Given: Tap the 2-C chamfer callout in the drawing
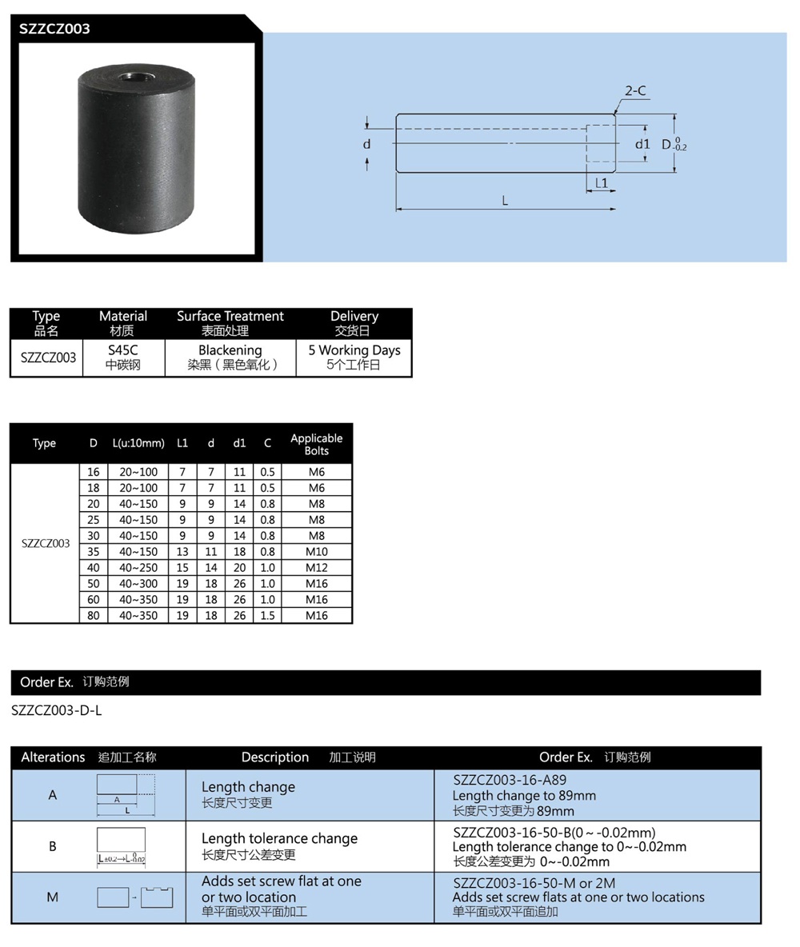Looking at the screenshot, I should [635, 91].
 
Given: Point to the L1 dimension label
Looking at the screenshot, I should [602, 183].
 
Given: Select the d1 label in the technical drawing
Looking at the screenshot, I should [642, 144].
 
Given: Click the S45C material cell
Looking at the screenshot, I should [123, 358].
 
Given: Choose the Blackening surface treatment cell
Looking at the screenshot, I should [230, 358].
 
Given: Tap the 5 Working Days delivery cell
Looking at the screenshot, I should [354, 358].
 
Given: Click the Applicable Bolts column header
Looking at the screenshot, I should [316, 444].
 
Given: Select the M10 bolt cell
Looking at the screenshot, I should [317, 552].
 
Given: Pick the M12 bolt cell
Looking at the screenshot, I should [317, 568].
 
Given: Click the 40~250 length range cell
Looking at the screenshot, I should [138, 568].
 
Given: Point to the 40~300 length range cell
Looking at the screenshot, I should [138, 584].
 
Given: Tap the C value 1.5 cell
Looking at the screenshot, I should [267, 616].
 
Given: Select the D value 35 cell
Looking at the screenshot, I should [94, 552].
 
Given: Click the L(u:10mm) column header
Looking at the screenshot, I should [138, 443].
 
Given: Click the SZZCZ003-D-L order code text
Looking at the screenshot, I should [57, 710].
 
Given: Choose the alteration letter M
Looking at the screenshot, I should [53, 897].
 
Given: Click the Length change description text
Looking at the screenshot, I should [248, 787].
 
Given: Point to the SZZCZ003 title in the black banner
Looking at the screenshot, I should [55, 29].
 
